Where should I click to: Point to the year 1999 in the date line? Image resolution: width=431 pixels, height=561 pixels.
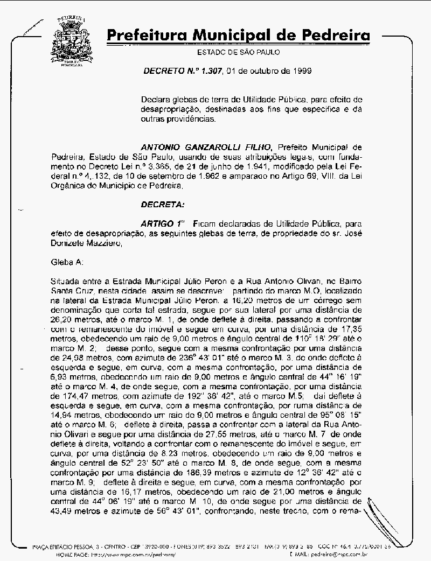296,71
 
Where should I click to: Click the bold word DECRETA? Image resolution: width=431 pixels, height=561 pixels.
162,204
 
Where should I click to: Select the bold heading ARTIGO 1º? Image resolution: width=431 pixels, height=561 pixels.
162,223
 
